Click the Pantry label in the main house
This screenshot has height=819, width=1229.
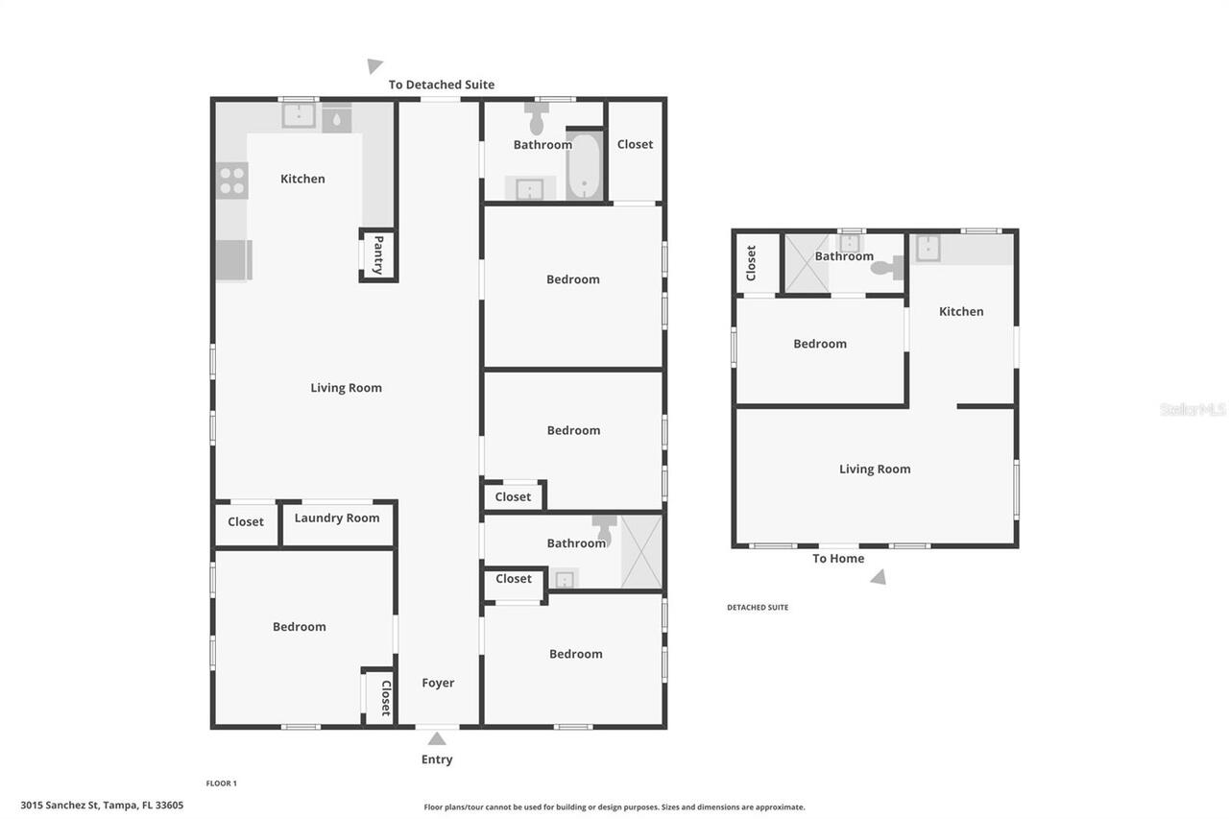click(378, 255)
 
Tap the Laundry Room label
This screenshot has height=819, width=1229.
click(337, 518)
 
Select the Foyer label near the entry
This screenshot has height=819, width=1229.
click(438, 683)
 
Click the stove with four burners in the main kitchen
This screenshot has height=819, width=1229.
click(231, 181)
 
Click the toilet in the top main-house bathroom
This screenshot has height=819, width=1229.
click(537, 122)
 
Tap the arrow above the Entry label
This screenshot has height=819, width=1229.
click(437, 738)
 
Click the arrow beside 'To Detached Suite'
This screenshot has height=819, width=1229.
click(374, 66)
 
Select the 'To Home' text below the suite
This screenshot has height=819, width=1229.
click(838, 559)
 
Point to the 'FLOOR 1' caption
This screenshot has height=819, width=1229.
click(221, 783)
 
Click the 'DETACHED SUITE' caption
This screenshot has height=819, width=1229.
click(758, 608)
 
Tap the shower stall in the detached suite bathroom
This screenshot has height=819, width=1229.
click(807, 264)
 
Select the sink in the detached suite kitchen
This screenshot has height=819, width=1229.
click(928, 249)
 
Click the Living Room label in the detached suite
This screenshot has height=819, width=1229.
click(875, 470)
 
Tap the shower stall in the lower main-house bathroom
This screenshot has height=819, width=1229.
click(641, 552)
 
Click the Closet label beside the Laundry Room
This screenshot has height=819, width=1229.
click(246, 522)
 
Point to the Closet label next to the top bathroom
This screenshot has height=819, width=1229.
click(635, 145)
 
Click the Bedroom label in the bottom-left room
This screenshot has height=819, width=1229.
click(300, 627)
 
